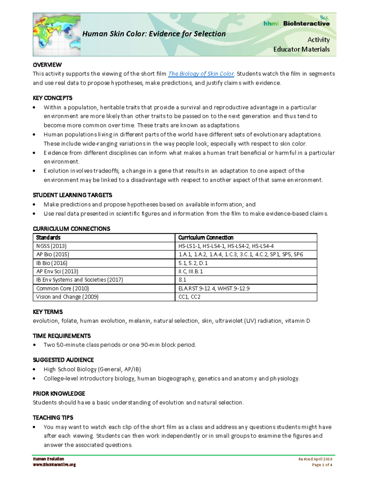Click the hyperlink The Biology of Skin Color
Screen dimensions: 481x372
201,74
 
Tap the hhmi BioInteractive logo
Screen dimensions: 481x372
296,23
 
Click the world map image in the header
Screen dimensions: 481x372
57,35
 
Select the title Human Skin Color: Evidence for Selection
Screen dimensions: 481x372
154,34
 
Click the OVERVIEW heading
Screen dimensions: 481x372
47,65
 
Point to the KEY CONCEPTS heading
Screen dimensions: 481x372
52,98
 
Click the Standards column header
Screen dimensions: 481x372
48,238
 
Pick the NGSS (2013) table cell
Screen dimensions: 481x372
51,246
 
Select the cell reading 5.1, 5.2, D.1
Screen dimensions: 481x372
193,263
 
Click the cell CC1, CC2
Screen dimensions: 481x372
189,297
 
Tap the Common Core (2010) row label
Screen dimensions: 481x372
62,288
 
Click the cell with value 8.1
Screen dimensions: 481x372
182,280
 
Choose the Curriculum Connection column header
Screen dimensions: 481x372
206,238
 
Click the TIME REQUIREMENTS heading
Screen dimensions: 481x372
62,336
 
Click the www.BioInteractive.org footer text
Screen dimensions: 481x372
54,465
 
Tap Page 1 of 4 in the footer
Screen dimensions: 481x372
322,465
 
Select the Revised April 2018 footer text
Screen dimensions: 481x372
315,459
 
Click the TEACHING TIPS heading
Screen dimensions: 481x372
53,418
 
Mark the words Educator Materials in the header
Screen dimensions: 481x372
301,49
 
